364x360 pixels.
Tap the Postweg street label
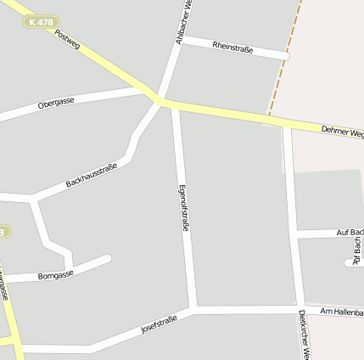(x=66, y=39)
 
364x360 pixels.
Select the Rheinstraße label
(x=232, y=46)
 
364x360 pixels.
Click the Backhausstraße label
(x=91, y=175)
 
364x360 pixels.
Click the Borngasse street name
(x=56, y=275)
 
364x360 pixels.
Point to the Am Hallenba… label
(x=341, y=312)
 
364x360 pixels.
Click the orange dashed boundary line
(x=285, y=59)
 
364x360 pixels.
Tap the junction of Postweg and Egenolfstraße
(x=172, y=104)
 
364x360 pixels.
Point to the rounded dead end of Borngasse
(x=107, y=257)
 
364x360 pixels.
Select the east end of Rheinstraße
(x=286, y=56)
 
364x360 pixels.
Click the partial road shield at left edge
(x=3, y=232)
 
